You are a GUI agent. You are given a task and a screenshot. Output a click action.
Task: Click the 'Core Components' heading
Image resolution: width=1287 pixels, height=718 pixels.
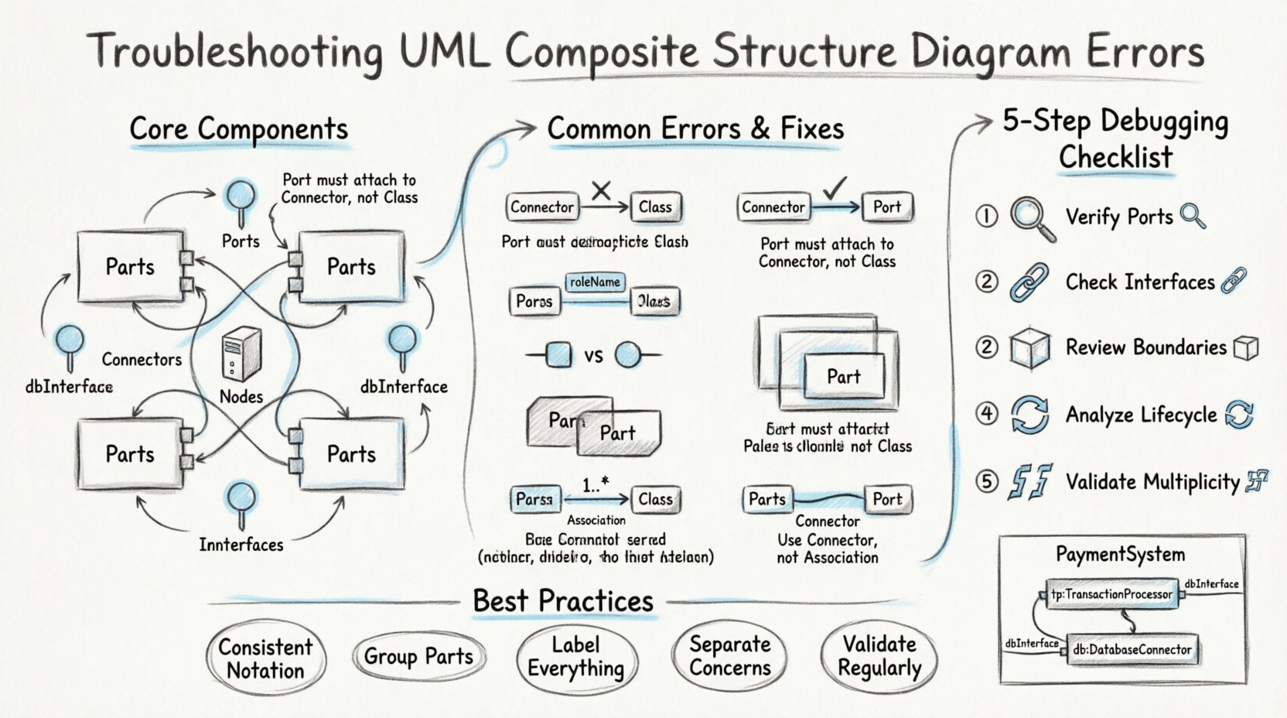(238, 129)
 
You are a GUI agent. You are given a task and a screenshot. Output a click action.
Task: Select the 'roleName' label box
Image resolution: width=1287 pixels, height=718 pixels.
(594, 282)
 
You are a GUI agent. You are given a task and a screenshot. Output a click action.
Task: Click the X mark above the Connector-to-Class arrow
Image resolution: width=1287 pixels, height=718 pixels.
(601, 190)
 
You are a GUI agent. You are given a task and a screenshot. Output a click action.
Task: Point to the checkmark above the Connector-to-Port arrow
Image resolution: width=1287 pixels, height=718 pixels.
(835, 188)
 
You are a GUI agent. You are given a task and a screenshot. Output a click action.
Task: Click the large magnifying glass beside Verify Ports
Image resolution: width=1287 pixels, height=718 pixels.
(1032, 218)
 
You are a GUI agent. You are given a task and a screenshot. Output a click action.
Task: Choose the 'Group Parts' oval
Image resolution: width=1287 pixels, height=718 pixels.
(418, 657)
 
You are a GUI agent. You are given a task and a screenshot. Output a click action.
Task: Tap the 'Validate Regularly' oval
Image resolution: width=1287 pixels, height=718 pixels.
(879, 656)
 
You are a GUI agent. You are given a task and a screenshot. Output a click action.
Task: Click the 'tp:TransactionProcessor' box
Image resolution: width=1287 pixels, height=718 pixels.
(1111, 594)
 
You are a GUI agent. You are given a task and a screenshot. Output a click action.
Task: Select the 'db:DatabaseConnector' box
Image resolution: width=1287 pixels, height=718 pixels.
(1132, 650)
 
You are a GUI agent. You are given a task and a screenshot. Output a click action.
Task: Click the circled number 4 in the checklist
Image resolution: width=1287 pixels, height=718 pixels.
(986, 414)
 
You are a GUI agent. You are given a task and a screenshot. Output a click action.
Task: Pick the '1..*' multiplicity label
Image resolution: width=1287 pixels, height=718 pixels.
(596, 485)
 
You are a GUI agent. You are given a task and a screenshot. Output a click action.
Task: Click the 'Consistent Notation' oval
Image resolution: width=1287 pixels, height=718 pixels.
(265, 658)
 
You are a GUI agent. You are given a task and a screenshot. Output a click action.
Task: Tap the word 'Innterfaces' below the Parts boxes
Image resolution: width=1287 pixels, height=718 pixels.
(241, 545)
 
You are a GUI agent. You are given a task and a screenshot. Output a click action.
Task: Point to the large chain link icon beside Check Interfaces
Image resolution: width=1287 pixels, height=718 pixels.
(1029, 282)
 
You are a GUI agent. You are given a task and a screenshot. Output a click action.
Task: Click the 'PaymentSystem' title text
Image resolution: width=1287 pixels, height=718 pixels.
(1120, 555)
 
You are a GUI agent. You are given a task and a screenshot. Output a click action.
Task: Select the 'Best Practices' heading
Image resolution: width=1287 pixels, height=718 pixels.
(563, 601)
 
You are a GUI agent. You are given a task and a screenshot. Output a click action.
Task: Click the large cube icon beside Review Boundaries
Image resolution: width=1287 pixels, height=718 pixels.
(1029, 347)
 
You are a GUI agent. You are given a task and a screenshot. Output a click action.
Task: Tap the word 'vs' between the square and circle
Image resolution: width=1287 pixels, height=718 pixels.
(593, 356)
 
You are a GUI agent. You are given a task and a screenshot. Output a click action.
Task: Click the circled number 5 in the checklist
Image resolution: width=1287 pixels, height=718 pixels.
(986, 482)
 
